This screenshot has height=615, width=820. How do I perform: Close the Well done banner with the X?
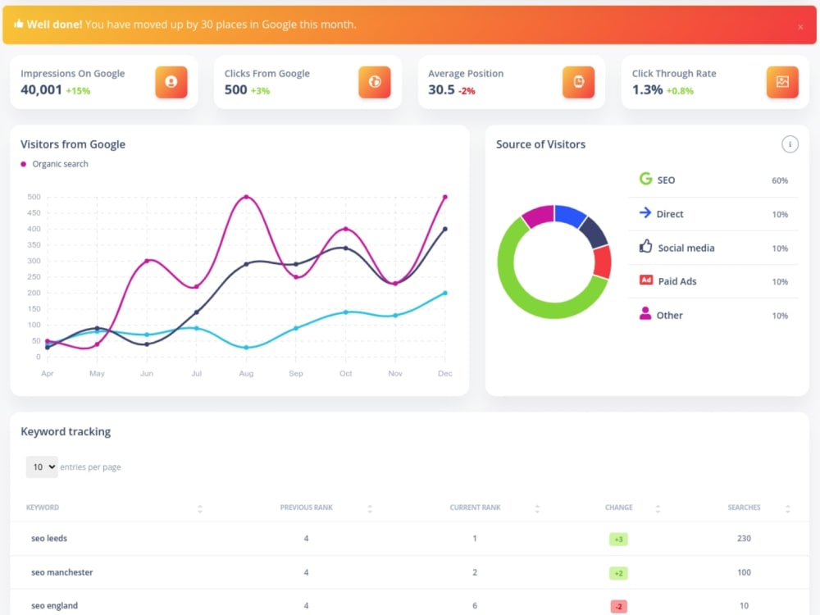click(800, 27)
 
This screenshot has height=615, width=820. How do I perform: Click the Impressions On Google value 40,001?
click(41, 90)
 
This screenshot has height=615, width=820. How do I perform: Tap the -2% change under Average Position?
click(467, 91)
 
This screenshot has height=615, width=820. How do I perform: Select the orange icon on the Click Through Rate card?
click(782, 82)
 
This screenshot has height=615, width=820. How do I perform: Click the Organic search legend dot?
click(23, 164)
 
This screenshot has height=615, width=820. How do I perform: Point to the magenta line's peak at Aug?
click(246, 197)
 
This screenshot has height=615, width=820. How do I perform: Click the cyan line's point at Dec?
click(445, 293)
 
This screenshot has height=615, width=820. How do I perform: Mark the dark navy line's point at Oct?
click(346, 248)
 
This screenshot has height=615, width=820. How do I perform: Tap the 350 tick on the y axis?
click(34, 244)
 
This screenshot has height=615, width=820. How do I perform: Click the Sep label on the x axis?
click(296, 373)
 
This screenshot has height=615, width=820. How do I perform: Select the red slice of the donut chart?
click(603, 262)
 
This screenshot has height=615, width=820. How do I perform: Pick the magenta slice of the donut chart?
click(539, 216)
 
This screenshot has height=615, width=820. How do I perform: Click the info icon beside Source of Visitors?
click(790, 144)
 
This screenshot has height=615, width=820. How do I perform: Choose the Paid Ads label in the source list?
click(677, 281)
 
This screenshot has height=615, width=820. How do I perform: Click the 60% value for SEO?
click(780, 180)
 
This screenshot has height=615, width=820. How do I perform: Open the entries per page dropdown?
click(42, 467)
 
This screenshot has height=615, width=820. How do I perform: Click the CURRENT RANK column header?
click(475, 508)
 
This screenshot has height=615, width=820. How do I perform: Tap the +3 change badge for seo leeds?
click(618, 540)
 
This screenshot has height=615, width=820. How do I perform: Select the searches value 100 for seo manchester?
click(745, 572)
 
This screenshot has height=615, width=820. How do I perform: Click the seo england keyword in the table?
click(54, 606)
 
